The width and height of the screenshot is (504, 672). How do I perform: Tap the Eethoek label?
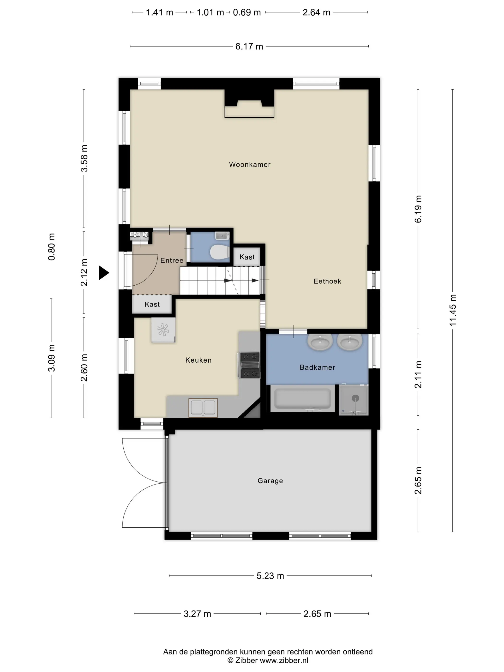(x=327, y=281)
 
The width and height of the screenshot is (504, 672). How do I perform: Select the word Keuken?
(x=198, y=360)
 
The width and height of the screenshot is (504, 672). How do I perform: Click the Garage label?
(x=270, y=481)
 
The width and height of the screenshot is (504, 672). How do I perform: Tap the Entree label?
(x=172, y=260)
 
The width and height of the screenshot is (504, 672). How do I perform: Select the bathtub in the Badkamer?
(x=303, y=398)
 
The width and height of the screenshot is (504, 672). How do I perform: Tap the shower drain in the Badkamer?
(x=355, y=398)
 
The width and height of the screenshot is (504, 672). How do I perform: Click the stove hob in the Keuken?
(x=250, y=365)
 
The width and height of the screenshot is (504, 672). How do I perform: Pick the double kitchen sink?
(x=203, y=408)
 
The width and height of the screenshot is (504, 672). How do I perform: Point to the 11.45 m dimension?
(x=453, y=310)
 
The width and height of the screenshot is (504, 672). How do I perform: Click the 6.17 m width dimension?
(x=249, y=47)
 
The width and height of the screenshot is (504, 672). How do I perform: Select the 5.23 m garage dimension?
(x=270, y=576)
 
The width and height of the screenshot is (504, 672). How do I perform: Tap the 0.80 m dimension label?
(x=52, y=247)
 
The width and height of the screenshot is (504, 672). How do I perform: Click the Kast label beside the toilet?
(x=247, y=257)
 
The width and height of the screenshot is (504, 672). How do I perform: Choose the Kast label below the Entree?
(x=152, y=304)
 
